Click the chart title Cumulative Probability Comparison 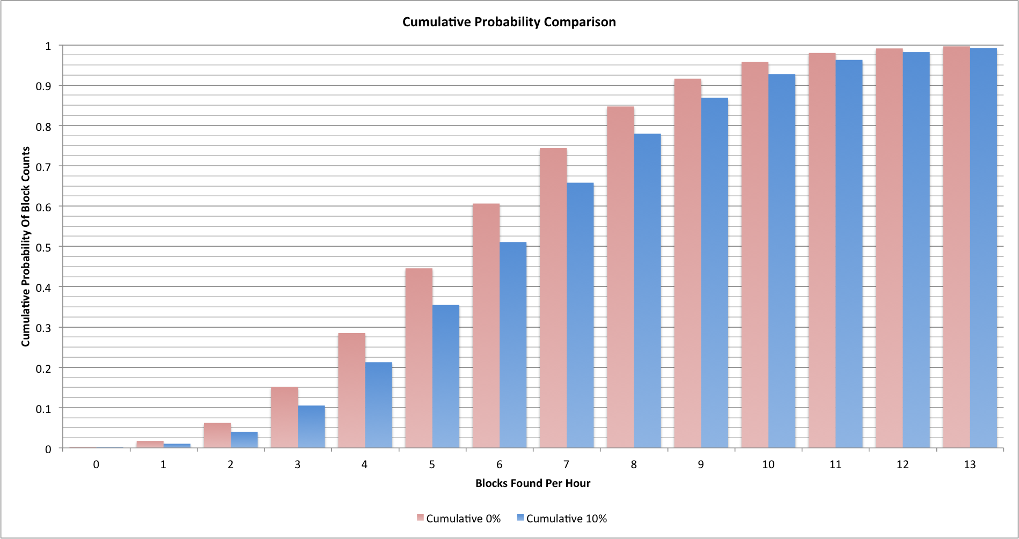(x=509, y=22)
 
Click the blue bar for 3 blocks (x=311, y=427)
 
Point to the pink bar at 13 (x=956, y=247)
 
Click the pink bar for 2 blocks (x=217, y=435)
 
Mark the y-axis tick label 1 (x=48, y=46)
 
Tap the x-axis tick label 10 (x=768, y=464)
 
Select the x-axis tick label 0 (x=96, y=464)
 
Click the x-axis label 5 (x=432, y=464)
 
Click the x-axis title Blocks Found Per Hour (x=532, y=483)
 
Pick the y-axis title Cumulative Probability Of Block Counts (x=26, y=247)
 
